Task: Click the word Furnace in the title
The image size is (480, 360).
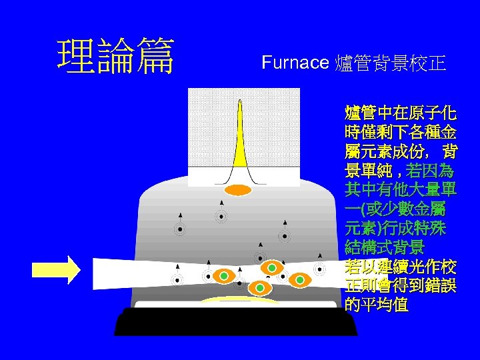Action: (x=295, y=63)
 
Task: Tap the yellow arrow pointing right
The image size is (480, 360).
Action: (x=57, y=269)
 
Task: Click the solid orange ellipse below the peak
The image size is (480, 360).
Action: (x=237, y=190)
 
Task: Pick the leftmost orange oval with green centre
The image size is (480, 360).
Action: (x=224, y=275)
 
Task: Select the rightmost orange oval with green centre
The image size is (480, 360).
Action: (x=300, y=280)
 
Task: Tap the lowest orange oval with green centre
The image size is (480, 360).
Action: (x=260, y=288)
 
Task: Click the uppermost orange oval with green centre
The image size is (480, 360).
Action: (x=271, y=268)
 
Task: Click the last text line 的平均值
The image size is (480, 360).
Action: (x=377, y=305)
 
